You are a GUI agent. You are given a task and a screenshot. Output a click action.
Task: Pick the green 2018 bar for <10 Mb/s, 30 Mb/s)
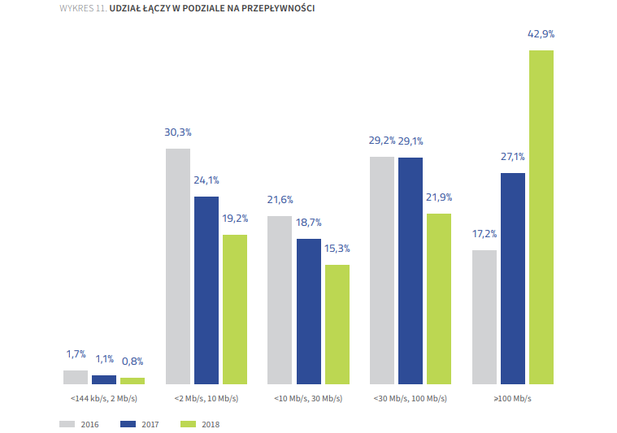pos(337,324)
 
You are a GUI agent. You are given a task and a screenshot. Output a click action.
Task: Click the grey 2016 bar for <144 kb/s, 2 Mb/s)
pos(76,377)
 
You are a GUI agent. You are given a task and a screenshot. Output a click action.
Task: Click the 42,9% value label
pos(541,34)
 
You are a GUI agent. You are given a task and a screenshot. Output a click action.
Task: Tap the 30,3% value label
pos(178,132)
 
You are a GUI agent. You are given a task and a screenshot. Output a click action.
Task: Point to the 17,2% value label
pos(484,234)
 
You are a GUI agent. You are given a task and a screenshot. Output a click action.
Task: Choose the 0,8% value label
pos(133,362)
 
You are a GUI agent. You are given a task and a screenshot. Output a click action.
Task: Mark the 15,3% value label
pos(337,249)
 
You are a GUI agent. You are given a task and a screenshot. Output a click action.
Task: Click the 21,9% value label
pos(439,197)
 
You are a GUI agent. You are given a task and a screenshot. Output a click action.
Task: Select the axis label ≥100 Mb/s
pos(512,399)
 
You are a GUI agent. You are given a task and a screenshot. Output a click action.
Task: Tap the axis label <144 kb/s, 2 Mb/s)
pos(104,399)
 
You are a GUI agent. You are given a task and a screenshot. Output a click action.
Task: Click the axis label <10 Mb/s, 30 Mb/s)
pos(308,399)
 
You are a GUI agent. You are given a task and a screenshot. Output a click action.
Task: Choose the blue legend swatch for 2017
pos(127,423)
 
